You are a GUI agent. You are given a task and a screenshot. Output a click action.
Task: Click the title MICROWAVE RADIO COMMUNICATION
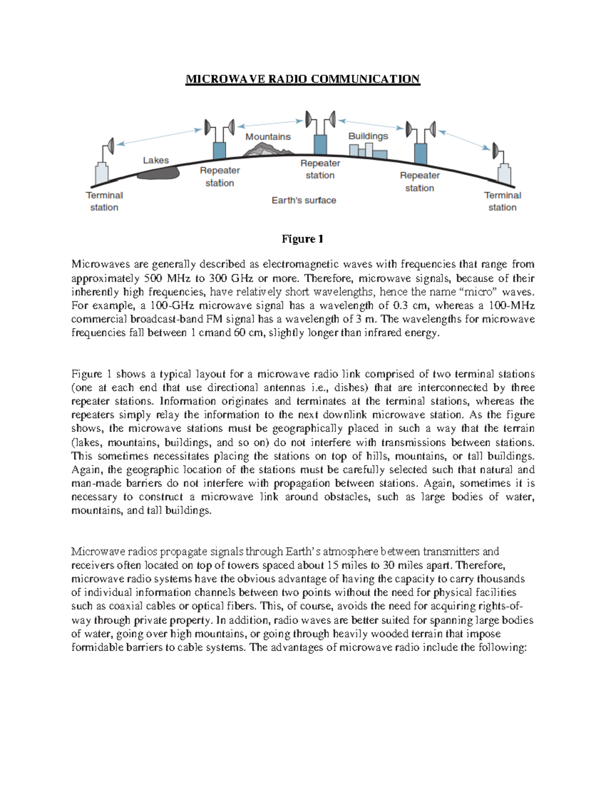pyautogui.click(x=302, y=79)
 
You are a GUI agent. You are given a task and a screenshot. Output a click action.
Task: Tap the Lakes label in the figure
pyautogui.click(x=156, y=160)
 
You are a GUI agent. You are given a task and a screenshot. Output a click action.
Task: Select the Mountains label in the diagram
pyautogui.click(x=268, y=136)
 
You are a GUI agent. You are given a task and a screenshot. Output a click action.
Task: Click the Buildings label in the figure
pyautogui.click(x=368, y=136)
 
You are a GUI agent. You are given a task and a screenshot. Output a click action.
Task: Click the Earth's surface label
pyautogui.click(x=304, y=200)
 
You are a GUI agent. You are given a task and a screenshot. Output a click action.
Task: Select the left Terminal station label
pyautogui.click(x=104, y=201)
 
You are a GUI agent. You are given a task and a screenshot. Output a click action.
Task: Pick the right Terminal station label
pyautogui.click(x=502, y=201)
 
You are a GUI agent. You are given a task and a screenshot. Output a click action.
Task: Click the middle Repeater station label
pyautogui.click(x=320, y=169)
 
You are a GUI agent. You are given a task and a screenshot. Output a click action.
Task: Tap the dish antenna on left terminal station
pyautogui.click(x=110, y=147)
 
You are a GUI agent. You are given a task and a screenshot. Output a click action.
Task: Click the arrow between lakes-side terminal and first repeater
pyautogui.click(x=160, y=137)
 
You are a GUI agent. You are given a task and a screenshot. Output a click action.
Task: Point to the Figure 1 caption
pyautogui.click(x=302, y=239)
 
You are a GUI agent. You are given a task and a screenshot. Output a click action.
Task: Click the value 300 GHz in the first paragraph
pyautogui.click(x=231, y=278)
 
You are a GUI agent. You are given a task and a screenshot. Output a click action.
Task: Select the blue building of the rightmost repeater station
pyautogui.click(x=420, y=153)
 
